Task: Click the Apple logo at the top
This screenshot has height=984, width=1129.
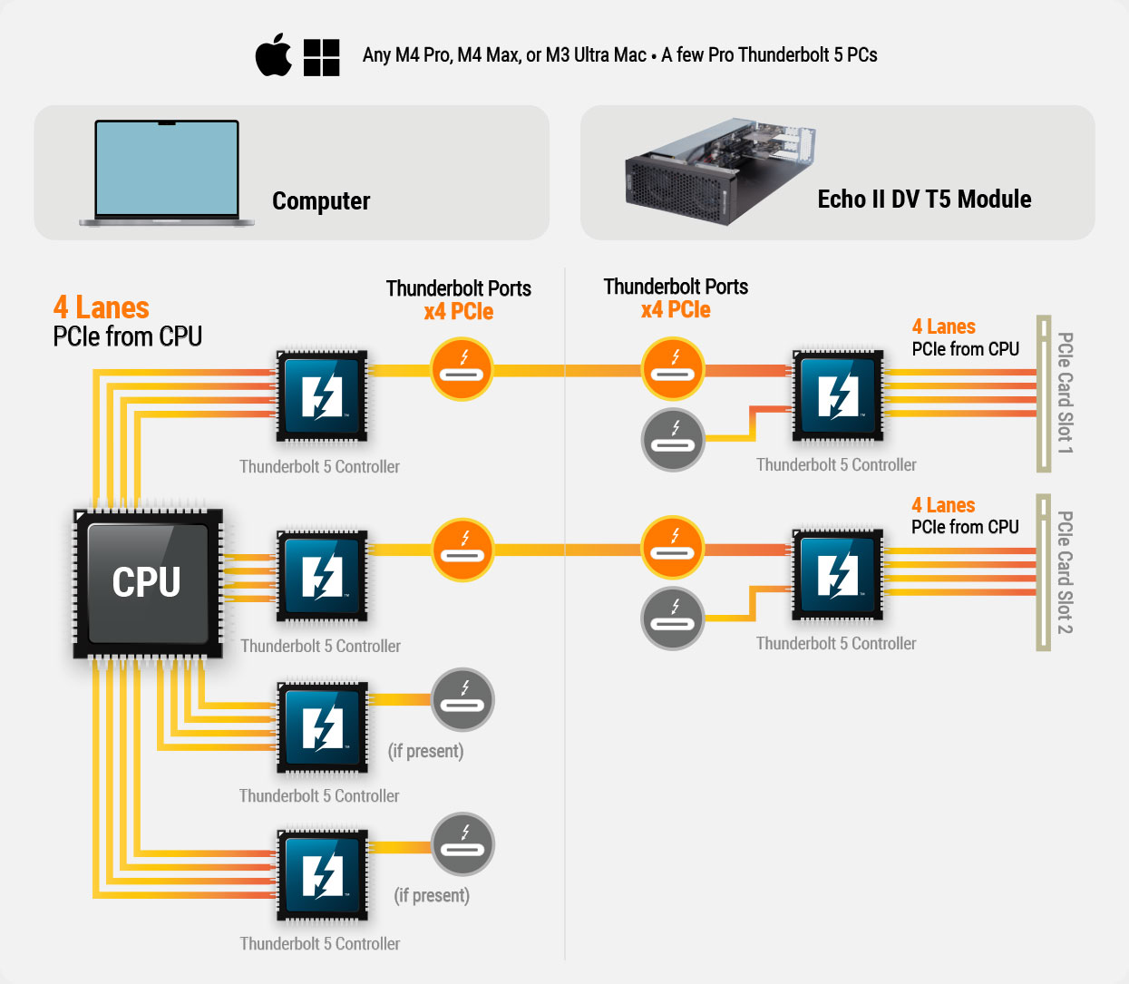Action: coord(273,56)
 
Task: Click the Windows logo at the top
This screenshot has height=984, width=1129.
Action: coord(321,57)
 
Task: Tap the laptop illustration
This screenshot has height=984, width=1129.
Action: coord(167,172)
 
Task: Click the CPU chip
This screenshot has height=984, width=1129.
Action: coord(148,581)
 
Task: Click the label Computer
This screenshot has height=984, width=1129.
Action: coord(321,201)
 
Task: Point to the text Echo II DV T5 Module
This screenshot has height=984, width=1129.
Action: coord(924,200)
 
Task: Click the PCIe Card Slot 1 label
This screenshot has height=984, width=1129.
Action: coord(1065,393)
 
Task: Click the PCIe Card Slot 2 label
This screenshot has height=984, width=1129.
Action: coord(1065,572)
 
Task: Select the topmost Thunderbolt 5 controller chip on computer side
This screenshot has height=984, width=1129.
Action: coord(322,396)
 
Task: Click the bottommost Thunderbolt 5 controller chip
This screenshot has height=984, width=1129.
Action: coord(322,874)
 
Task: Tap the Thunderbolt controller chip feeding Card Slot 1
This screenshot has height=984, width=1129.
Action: coord(838,395)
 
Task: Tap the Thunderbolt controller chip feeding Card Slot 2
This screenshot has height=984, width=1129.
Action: coord(838,575)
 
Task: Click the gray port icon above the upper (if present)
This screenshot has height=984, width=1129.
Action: coord(462,700)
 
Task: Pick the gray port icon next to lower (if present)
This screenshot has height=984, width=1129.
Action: coord(462,843)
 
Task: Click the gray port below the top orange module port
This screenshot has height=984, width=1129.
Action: coord(673,440)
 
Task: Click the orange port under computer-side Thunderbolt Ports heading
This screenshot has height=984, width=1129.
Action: coord(462,369)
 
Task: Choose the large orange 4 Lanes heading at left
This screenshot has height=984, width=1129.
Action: coord(102,308)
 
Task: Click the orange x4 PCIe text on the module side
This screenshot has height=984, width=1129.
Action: coord(676,310)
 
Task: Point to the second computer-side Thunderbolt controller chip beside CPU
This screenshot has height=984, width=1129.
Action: coord(322,576)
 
